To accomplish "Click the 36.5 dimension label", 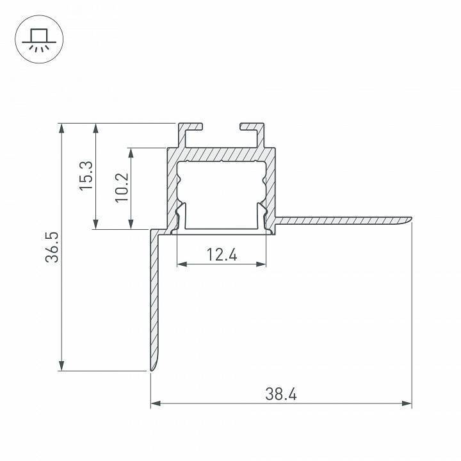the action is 53,247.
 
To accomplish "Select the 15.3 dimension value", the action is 86,176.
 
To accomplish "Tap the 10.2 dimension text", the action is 122,187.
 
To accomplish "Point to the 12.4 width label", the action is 222,255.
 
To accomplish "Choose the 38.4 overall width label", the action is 281,394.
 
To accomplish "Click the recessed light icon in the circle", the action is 39,40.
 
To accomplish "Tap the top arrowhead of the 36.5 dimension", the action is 61,129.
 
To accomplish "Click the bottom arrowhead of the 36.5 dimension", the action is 61,366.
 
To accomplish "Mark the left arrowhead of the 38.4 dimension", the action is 156,403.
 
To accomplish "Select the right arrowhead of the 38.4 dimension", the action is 407,403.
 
